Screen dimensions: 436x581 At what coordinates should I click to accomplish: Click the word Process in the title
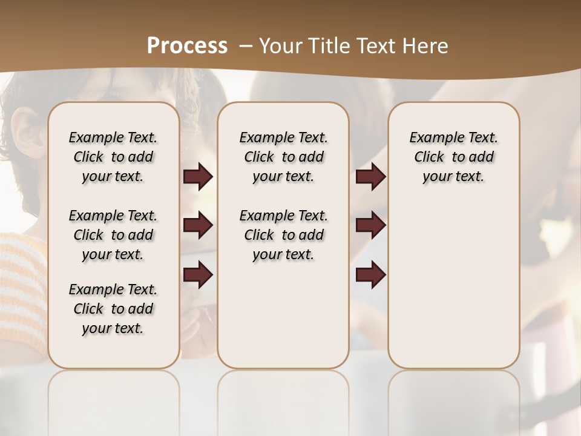click(x=187, y=45)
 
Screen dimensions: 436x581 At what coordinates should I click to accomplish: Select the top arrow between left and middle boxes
click(x=198, y=177)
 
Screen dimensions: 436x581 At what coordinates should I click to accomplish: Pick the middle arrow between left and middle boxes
click(x=198, y=225)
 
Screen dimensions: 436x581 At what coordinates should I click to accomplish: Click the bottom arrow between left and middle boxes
click(x=198, y=274)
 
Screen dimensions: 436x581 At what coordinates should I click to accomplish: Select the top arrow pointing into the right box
click(x=370, y=177)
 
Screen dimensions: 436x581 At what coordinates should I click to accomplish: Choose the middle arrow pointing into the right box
click(x=370, y=225)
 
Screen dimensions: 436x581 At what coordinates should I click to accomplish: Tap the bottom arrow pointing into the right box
click(x=370, y=274)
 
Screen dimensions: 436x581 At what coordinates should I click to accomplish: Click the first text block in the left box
click(x=113, y=157)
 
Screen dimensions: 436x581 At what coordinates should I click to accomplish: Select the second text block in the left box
click(x=113, y=235)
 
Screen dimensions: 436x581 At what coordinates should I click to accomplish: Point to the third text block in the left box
click(x=113, y=309)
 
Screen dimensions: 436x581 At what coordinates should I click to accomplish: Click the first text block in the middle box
click(x=283, y=157)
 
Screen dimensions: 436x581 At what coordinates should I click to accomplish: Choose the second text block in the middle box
click(x=283, y=235)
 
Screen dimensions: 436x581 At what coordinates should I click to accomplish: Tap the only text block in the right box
click(x=453, y=157)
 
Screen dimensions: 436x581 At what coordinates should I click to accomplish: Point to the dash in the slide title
click(x=246, y=46)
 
